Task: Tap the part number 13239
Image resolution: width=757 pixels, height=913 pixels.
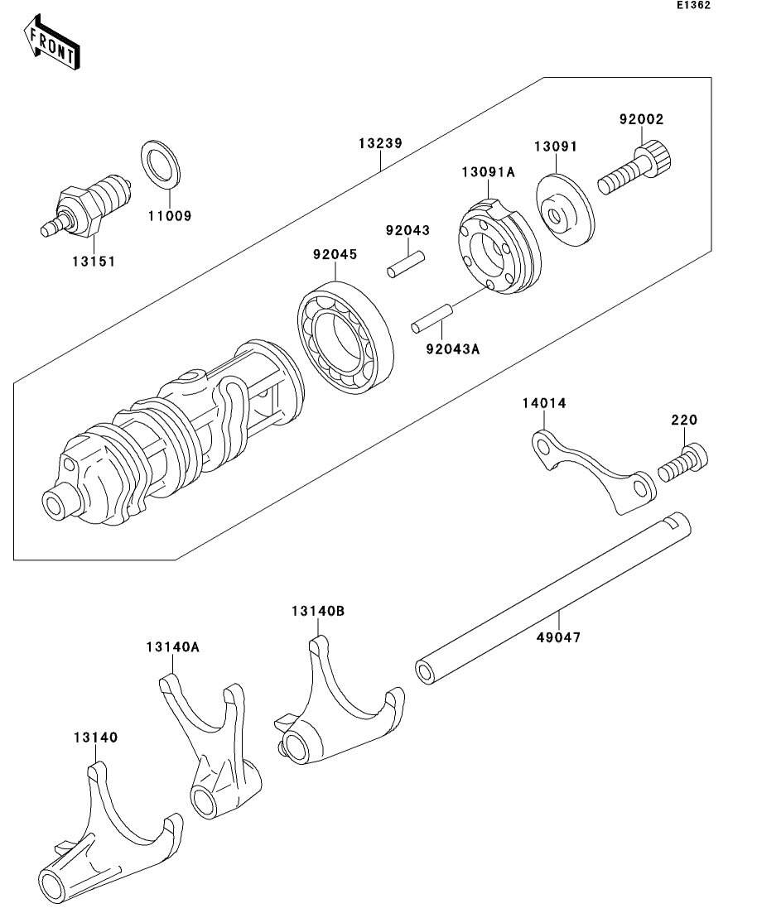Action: coord(380,143)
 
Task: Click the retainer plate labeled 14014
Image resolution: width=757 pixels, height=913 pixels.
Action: coord(591,468)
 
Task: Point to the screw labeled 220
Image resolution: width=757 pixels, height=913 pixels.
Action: coord(684,464)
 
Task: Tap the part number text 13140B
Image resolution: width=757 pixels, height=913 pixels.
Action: coord(317,611)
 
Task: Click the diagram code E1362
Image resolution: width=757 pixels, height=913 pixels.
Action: coord(693,5)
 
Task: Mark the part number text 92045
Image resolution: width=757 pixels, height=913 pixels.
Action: coord(335,254)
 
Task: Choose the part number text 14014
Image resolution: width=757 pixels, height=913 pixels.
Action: coord(543,403)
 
